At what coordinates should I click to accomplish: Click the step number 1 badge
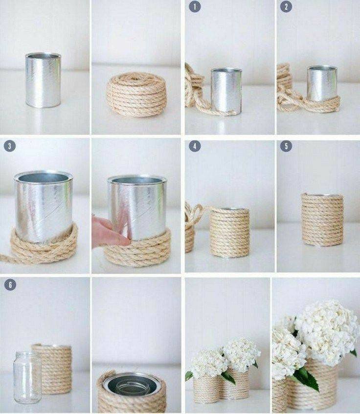tap(195, 6)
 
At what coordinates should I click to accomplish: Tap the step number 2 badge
tap(286, 6)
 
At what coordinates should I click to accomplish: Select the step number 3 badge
tap(10, 146)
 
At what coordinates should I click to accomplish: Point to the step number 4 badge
tap(195, 146)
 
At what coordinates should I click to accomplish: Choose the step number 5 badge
tap(286, 146)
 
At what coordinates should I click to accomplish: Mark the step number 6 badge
tap(10, 285)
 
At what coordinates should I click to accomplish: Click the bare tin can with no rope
tap(43, 80)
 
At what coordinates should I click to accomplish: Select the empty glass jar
tap(27, 378)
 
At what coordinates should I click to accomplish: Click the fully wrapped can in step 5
tap(322, 220)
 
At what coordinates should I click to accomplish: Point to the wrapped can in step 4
tap(230, 232)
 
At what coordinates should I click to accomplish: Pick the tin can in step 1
tap(226, 91)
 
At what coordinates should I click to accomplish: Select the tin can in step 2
tap(322, 83)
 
